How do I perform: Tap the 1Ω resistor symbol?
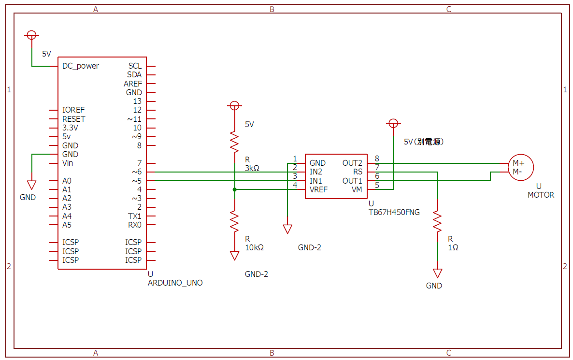click(x=437, y=220)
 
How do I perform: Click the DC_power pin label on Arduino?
click(x=81, y=66)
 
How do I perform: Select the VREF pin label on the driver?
click(x=318, y=189)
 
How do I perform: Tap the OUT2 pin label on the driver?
click(x=352, y=163)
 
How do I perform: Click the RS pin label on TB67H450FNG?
click(x=358, y=172)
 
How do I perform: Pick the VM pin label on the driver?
click(x=357, y=189)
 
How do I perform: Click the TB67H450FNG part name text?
click(x=394, y=212)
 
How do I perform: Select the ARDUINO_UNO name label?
click(x=175, y=283)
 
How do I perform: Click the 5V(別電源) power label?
click(x=424, y=142)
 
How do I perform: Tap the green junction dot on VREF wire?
click(x=234, y=189)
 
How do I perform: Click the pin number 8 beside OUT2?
click(x=377, y=158)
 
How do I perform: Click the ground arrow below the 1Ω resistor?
click(x=437, y=274)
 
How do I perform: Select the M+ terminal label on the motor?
click(x=518, y=163)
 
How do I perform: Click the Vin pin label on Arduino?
click(x=68, y=163)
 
